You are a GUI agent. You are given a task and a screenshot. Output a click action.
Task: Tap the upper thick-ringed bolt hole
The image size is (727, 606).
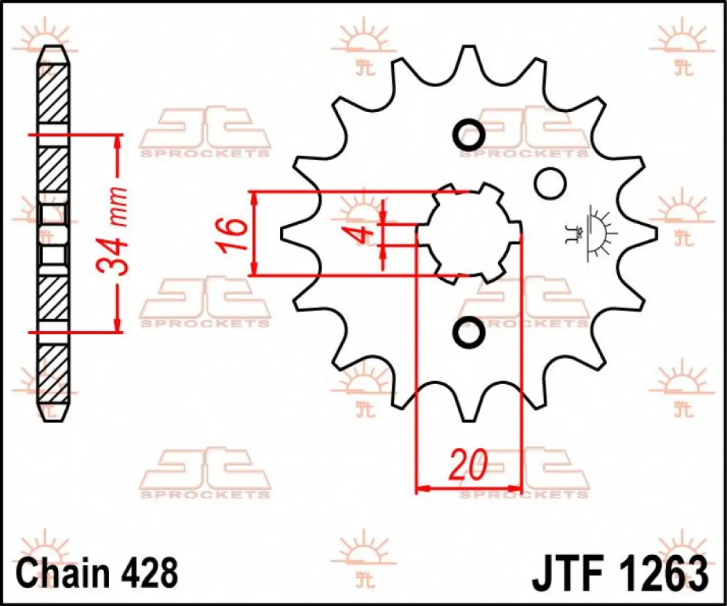coord(468,133)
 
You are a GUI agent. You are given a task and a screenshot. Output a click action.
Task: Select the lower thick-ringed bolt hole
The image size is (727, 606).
coord(468,332)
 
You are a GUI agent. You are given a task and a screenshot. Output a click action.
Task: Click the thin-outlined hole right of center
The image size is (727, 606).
coord(549,182)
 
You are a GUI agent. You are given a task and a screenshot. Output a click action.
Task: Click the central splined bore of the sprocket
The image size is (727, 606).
coord(468,233)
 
